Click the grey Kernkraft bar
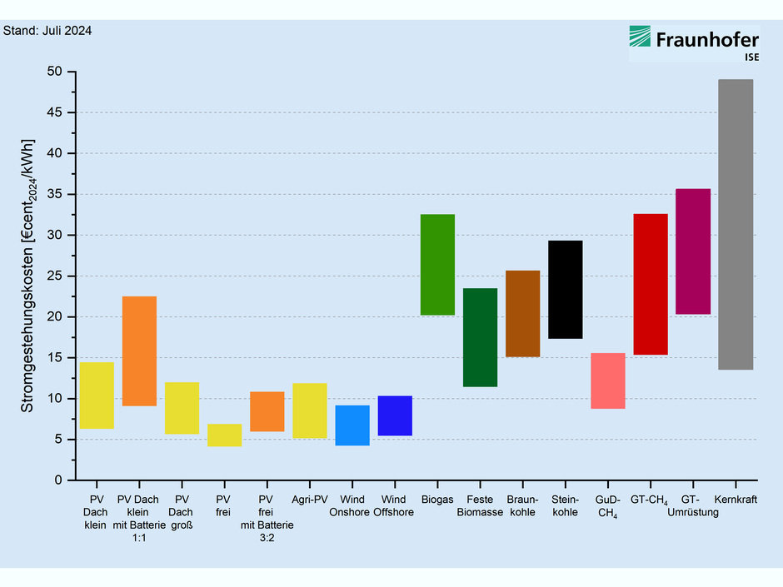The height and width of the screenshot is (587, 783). (x=736, y=224)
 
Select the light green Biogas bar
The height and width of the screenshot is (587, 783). (x=437, y=265)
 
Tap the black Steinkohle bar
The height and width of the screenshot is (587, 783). (x=565, y=289)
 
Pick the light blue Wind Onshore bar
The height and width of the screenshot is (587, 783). (x=352, y=425)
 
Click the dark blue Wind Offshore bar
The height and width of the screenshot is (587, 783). (x=395, y=415)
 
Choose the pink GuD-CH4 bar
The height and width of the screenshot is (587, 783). (x=607, y=381)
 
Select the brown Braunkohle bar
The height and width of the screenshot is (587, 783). (x=522, y=313)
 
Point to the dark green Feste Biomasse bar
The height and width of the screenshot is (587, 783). (x=480, y=337)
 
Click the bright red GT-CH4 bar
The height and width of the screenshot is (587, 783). (x=651, y=284)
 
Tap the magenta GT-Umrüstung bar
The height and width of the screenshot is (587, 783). (x=693, y=251)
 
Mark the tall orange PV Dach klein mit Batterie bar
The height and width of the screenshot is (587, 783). (x=139, y=351)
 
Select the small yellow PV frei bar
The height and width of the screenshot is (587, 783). (x=224, y=435)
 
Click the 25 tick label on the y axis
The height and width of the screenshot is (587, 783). (x=55, y=276)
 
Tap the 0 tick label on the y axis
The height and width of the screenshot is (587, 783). (x=59, y=480)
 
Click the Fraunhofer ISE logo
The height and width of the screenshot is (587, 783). (x=694, y=43)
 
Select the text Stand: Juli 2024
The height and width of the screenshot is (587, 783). (x=47, y=31)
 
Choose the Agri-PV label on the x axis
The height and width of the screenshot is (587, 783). (x=310, y=500)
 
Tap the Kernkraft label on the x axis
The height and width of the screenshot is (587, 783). (x=736, y=500)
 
